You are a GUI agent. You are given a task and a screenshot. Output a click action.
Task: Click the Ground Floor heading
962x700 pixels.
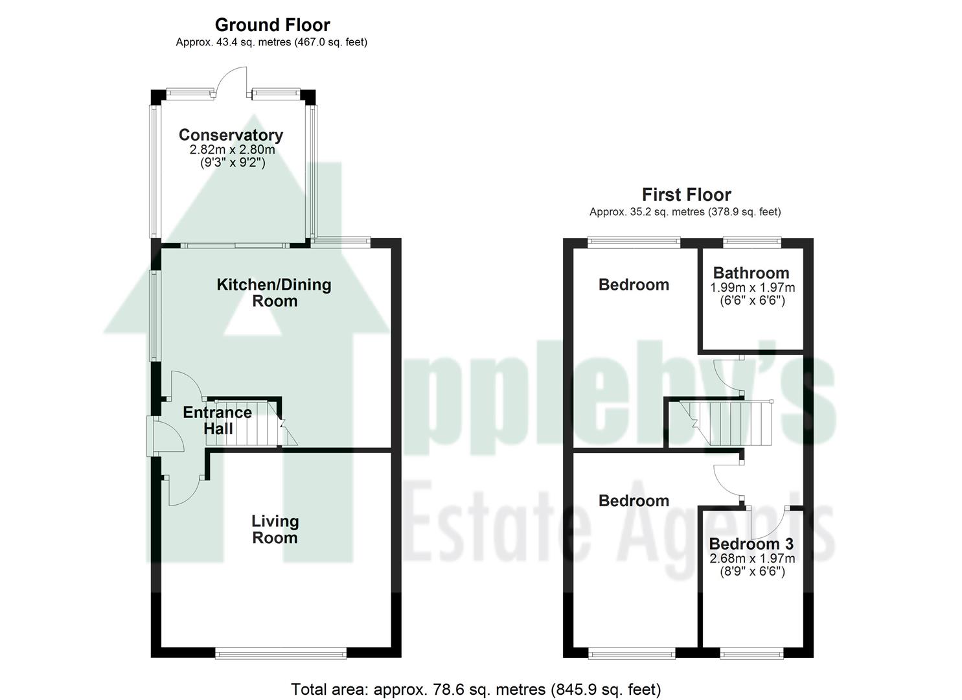[272, 25]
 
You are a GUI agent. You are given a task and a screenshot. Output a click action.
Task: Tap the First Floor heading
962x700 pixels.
[686, 194]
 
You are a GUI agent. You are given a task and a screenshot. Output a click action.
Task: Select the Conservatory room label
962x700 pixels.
[231, 135]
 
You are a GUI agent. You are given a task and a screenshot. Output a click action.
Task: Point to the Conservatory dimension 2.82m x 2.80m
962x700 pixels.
[232, 150]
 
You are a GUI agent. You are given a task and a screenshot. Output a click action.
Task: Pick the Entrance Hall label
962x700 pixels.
[218, 420]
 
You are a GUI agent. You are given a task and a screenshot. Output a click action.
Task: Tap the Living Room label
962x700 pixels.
[275, 529]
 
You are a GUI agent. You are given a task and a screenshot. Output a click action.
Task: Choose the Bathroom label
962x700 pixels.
[751, 273]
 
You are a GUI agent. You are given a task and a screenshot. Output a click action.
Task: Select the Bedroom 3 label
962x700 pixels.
[751, 544]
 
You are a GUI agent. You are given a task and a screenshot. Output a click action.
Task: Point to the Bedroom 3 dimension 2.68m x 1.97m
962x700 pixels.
[752, 559]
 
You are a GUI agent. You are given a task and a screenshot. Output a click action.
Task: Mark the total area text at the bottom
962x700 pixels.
[475, 689]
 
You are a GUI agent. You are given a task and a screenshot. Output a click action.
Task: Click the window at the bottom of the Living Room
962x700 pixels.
[281, 653]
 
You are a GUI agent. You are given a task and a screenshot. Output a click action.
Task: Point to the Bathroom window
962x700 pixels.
[751, 242]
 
